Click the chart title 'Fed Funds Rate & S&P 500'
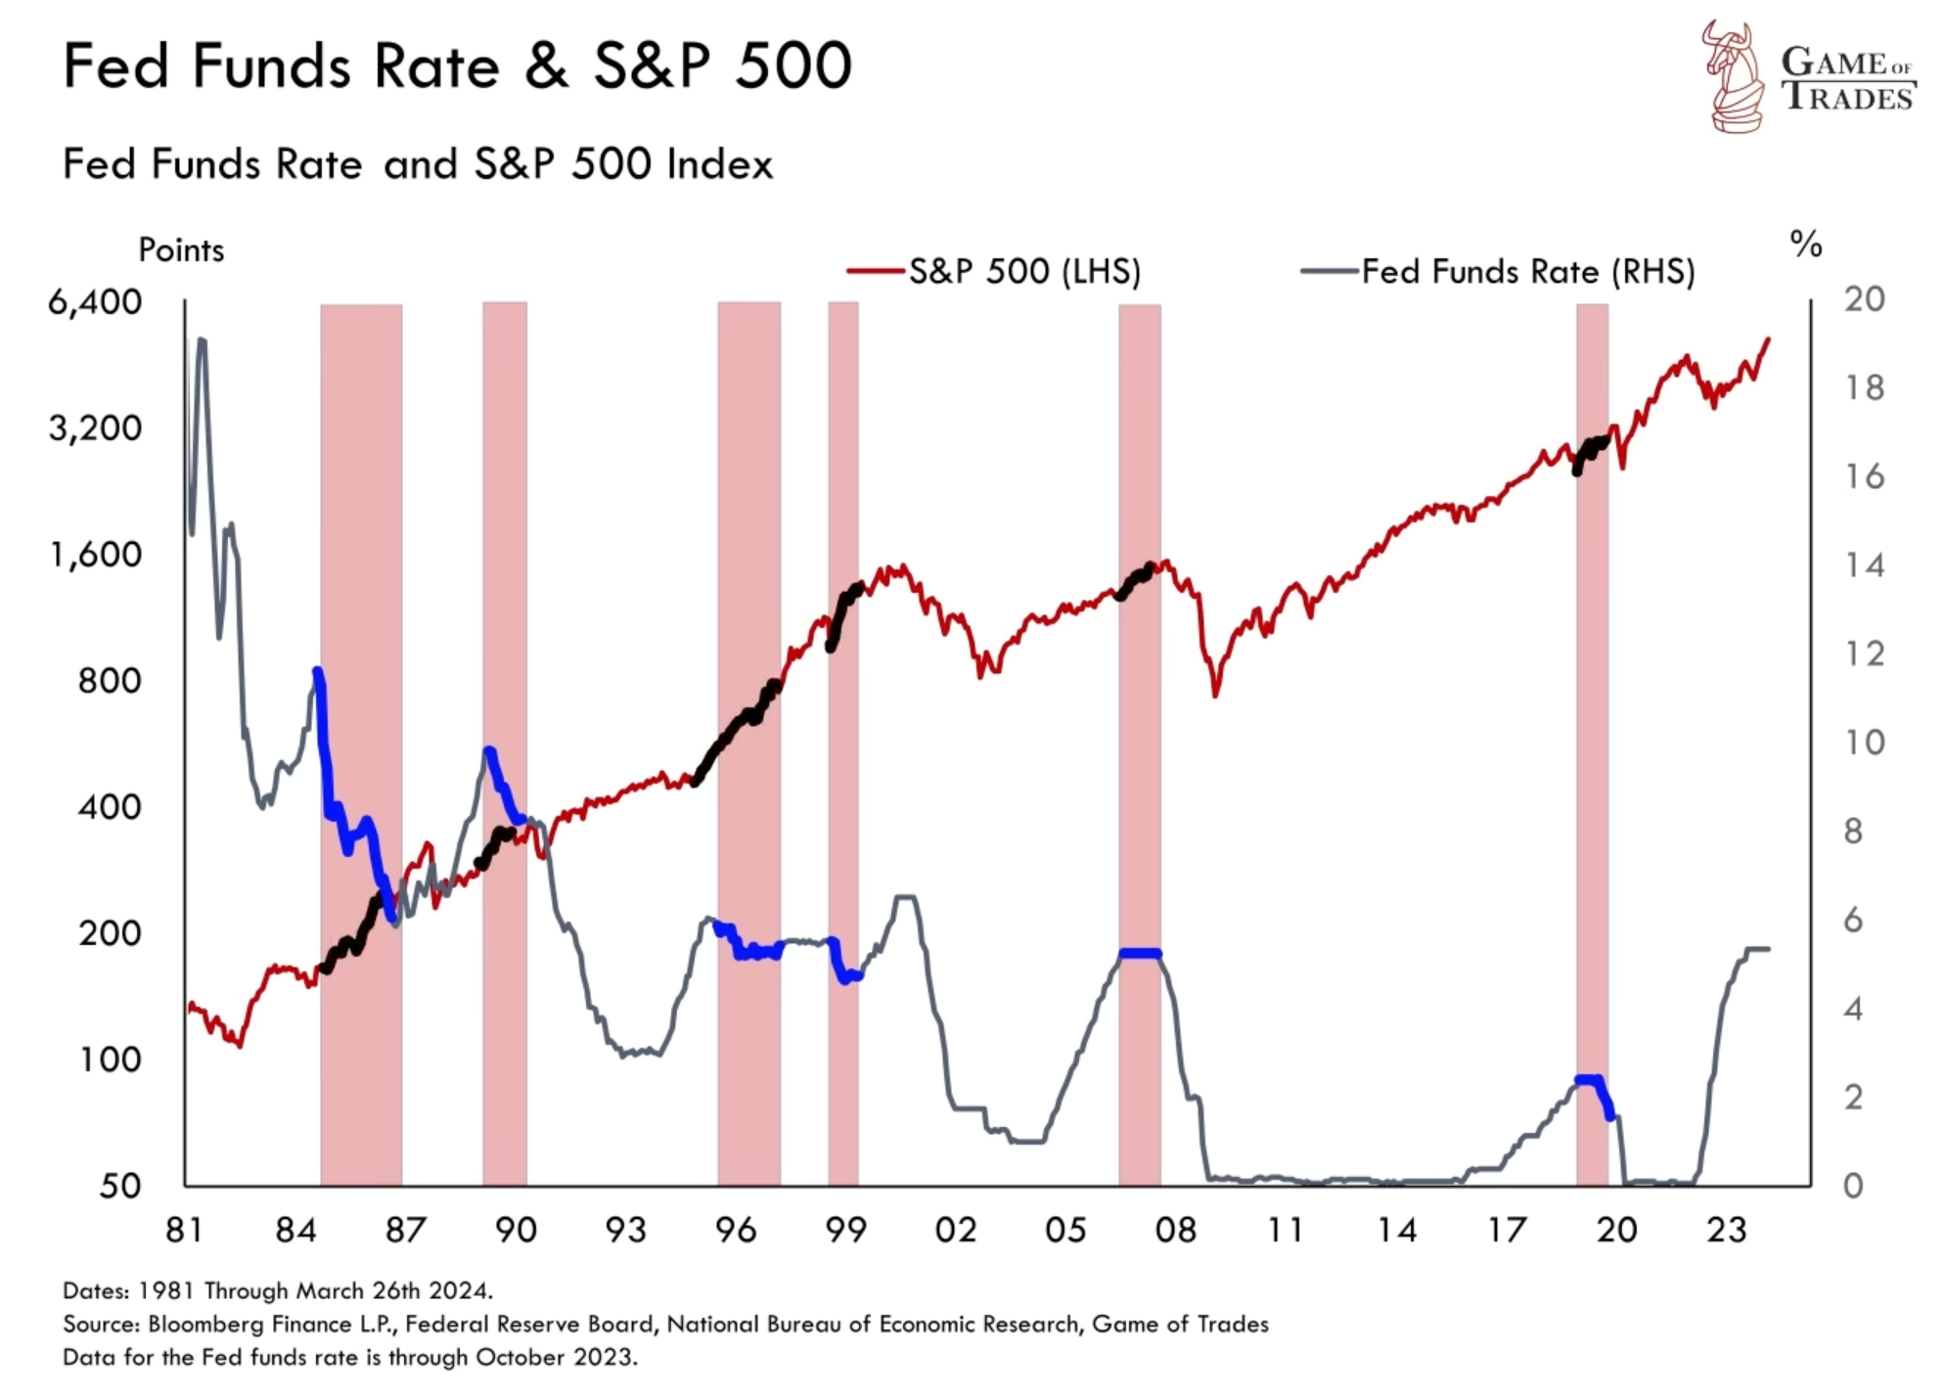click(x=457, y=67)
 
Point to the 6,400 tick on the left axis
click(x=95, y=302)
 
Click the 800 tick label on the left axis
click(x=110, y=681)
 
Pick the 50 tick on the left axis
click(x=120, y=1186)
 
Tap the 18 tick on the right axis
click(x=1865, y=388)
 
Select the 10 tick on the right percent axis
click(x=1865, y=743)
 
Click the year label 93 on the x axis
click(x=625, y=1230)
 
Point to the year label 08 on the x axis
click(x=1175, y=1230)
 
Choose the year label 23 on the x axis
click(x=1726, y=1230)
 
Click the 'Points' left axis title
click(x=181, y=250)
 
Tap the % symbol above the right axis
click(x=1806, y=244)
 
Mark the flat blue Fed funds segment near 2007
click(x=1140, y=953)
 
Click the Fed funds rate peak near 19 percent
click(x=202, y=341)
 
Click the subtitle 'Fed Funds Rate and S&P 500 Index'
click(x=418, y=164)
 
